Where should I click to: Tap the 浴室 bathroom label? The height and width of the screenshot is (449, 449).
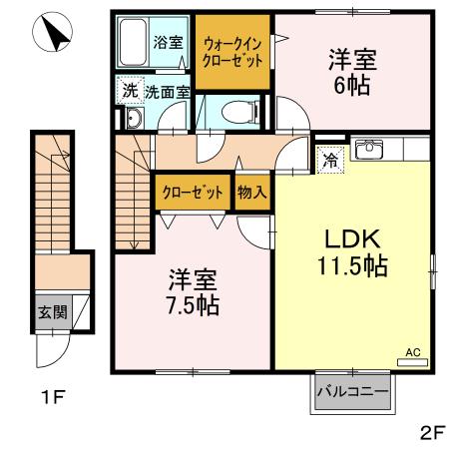168,43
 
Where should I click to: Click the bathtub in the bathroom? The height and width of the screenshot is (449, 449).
134,43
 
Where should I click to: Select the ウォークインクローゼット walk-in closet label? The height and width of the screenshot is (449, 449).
232,51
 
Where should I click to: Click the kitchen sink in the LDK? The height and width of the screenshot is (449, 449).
368,151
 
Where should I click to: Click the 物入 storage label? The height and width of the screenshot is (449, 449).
251,193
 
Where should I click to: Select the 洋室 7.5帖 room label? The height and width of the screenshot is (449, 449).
192,290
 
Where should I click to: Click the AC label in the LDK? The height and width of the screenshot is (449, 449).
413,352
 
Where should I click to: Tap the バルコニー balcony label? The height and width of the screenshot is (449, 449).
352,391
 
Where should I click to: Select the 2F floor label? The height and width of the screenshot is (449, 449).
431,432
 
